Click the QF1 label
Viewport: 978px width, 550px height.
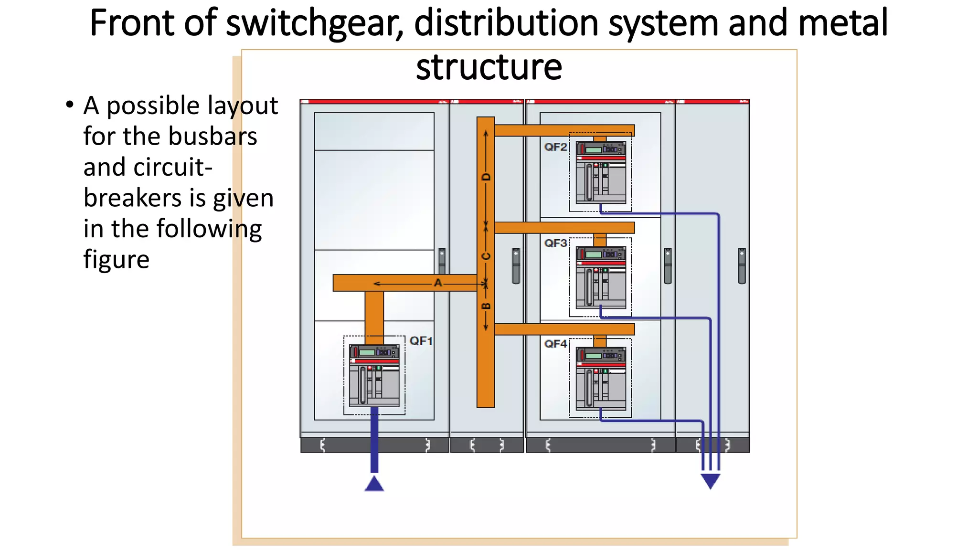click(421, 341)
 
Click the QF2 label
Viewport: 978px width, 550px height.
click(555, 147)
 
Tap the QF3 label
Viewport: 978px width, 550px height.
click(555, 243)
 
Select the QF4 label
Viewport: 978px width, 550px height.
click(555, 344)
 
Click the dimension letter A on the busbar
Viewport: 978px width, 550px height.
click(437, 283)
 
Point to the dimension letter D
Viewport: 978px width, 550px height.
click(486, 177)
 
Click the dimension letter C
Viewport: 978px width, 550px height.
click(486, 256)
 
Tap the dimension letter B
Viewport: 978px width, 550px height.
click(486, 306)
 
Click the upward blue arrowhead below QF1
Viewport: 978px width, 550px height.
click(374, 484)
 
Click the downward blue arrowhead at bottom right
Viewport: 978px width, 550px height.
click(710, 480)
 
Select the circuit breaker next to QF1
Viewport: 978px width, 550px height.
click(374, 375)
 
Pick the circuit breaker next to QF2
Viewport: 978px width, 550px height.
click(600, 172)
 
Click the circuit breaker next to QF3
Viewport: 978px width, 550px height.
click(600, 277)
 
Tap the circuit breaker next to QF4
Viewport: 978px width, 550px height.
click(600, 379)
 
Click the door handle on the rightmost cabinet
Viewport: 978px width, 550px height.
click(742, 265)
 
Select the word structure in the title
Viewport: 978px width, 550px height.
click(489, 67)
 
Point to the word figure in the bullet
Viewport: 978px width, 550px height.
click(116, 260)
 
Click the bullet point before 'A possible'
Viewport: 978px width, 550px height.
click(70, 105)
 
